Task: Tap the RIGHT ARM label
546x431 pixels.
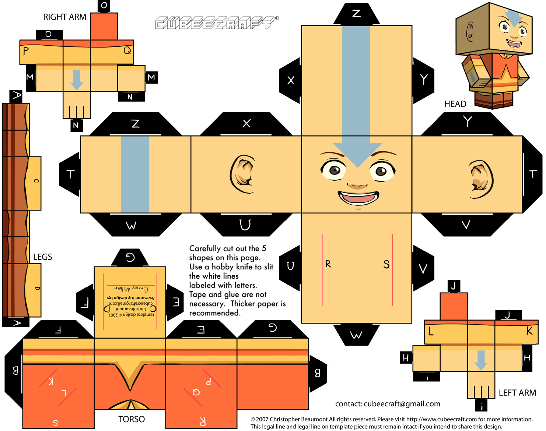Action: click(x=65, y=17)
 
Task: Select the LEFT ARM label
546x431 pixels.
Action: click(x=517, y=393)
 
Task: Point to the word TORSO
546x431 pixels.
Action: click(x=132, y=419)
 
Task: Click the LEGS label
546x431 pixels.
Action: click(x=43, y=257)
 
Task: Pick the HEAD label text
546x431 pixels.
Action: click(x=455, y=104)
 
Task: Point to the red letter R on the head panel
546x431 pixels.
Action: click(x=328, y=264)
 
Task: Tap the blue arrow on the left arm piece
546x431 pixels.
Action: click(x=480, y=360)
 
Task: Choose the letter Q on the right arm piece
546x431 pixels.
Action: click(x=127, y=50)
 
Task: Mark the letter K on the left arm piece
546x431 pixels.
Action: click(x=529, y=331)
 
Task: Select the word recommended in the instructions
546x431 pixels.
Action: click(x=215, y=313)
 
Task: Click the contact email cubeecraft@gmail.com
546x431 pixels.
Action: click(x=402, y=404)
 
